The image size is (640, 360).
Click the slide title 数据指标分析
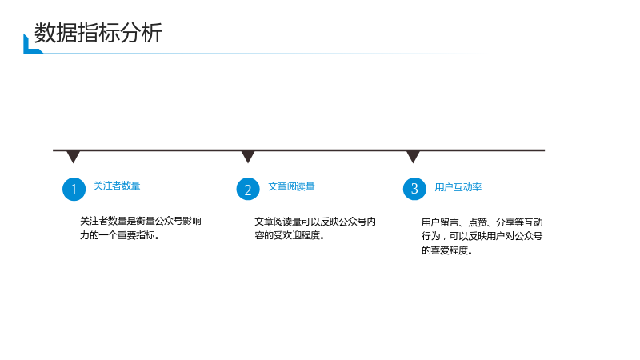coord(98,33)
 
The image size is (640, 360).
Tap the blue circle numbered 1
coord(74,189)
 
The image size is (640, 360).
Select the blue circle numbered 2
coord(248,189)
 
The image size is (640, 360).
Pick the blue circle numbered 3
coord(414,189)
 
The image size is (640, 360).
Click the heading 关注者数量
coord(117,186)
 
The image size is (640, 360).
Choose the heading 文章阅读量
coord(291,186)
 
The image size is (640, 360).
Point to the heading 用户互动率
coord(458,187)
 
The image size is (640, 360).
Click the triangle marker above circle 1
coord(73,156)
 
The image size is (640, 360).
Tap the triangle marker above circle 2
coord(248,156)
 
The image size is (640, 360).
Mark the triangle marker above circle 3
coord(413,156)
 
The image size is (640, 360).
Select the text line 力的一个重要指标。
coord(119,235)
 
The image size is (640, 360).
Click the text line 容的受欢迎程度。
coord(290,235)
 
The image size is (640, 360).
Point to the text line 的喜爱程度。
coord(447,250)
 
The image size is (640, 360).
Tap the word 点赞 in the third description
coord(478,222)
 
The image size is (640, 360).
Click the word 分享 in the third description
coord(506,222)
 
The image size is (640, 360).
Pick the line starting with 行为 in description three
coord(482,236)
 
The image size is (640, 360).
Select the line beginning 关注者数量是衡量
coord(141,222)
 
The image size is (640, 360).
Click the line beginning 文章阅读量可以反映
coord(315,222)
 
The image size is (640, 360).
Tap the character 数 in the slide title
coord(45,33)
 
